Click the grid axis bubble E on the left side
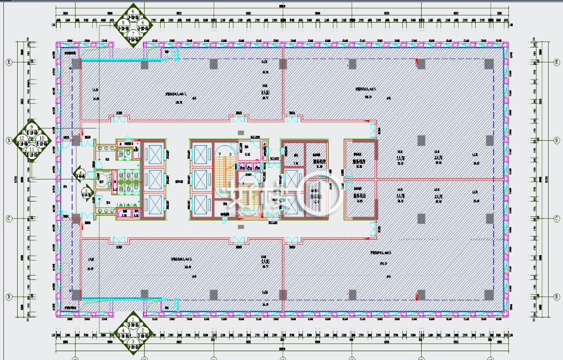pos(8,62)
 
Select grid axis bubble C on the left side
pos(8,219)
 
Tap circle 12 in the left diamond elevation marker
pos(22,138)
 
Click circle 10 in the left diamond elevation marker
pos(41,138)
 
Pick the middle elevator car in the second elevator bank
pos(201,179)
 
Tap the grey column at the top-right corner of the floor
pos(489,64)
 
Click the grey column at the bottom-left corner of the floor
pos(77,294)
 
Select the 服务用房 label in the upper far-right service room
pos(360,163)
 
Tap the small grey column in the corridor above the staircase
pos(240,133)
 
